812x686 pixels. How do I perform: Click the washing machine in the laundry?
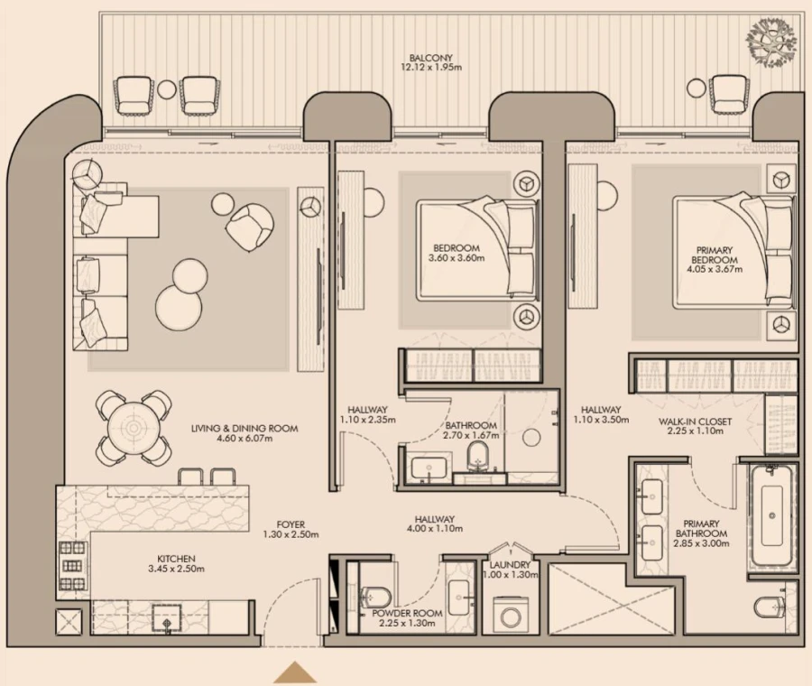(512, 618)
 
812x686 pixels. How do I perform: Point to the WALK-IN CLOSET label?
(695, 422)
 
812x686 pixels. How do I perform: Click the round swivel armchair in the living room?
(248, 227)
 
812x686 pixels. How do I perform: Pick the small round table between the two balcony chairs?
(167, 89)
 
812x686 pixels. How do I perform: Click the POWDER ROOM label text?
(407, 614)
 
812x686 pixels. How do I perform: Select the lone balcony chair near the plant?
(730, 92)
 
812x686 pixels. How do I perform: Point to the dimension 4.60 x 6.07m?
(244, 440)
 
